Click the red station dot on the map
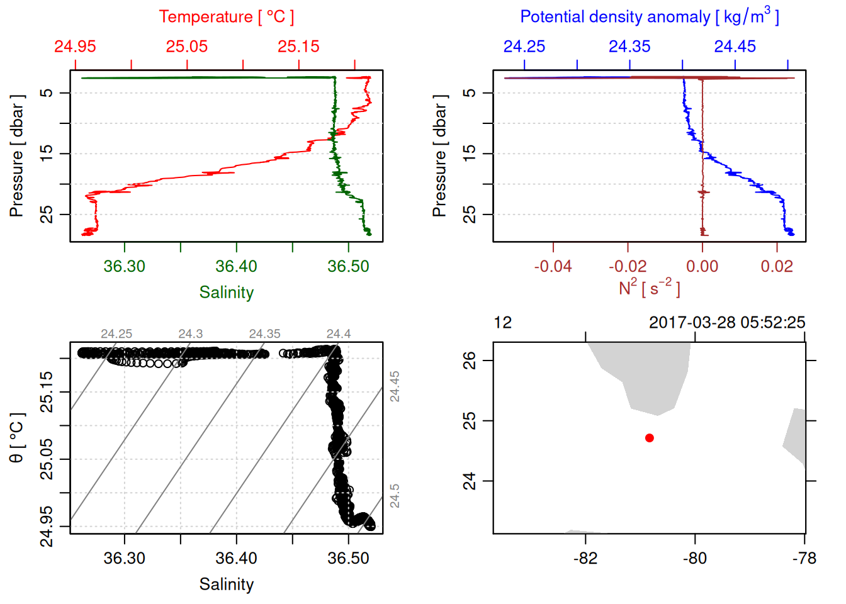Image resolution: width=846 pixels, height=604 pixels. (x=649, y=438)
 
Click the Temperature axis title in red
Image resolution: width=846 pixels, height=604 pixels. (x=226, y=17)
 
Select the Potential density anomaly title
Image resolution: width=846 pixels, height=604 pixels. (x=649, y=16)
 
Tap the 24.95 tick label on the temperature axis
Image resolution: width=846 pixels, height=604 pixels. (x=75, y=47)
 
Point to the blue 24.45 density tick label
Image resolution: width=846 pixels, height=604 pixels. (x=735, y=47)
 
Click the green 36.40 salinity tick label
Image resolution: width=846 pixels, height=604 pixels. (x=236, y=266)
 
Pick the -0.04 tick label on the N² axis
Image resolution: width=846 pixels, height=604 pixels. (x=553, y=266)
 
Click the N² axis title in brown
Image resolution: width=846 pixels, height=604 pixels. (x=649, y=288)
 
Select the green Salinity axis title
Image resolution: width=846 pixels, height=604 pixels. (x=226, y=293)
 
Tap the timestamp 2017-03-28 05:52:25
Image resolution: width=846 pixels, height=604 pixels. (x=726, y=323)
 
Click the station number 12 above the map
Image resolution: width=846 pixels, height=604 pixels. (x=502, y=323)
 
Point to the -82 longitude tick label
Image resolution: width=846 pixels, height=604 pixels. (x=585, y=558)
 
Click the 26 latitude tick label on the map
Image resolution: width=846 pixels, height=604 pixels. (x=470, y=361)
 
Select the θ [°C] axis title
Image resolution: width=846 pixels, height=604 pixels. (x=17, y=438)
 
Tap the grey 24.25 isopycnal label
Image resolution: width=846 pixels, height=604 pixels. (x=116, y=334)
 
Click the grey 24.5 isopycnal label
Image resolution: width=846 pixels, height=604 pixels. (x=395, y=496)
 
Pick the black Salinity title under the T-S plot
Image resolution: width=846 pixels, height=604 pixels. (x=226, y=584)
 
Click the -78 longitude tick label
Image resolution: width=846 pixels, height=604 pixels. (x=804, y=558)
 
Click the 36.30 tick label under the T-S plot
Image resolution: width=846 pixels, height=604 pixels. (x=124, y=558)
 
